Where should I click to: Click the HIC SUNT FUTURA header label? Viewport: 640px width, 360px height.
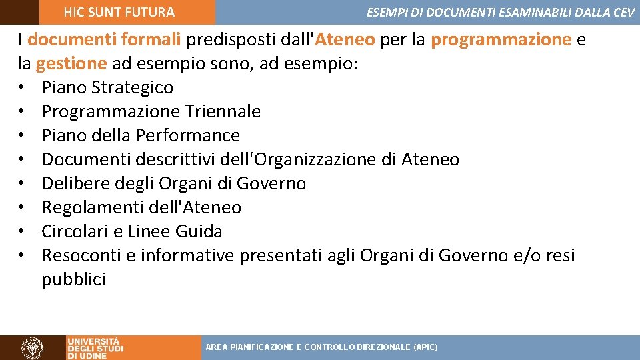pyautogui.click(x=119, y=12)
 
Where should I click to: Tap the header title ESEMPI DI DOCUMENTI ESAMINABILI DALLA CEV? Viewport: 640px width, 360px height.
pyautogui.click(x=500, y=12)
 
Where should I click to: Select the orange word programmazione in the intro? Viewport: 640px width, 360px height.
pyautogui.click(x=501, y=39)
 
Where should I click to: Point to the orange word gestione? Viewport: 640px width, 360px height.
pyautogui.click(x=71, y=63)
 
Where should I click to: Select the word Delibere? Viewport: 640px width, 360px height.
pyautogui.click(x=74, y=183)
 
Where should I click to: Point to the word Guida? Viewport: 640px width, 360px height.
pyautogui.click(x=199, y=231)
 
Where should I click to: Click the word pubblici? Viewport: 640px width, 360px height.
pyautogui.click(x=73, y=279)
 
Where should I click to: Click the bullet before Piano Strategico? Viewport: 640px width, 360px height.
pyautogui.click(x=22, y=88)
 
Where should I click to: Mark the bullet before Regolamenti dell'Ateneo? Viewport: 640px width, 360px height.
pyautogui.click(x=22, y=208)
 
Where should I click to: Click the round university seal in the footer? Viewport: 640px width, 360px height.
pyautogui.click(x=32, y=347)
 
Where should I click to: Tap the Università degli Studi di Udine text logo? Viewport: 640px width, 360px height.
pyautogui.click(x=95, y=347)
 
